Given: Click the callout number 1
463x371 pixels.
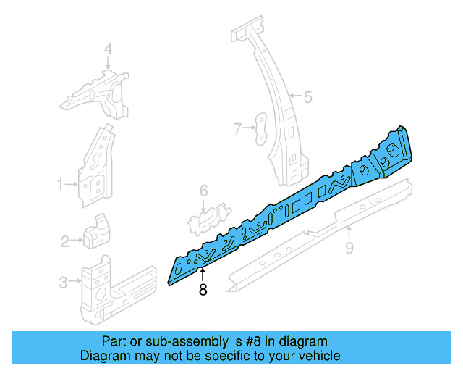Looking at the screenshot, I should (x=61, y=185).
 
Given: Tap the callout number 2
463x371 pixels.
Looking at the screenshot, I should (x=64, y=241).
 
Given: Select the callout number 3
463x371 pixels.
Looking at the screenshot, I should (x=63, y=282).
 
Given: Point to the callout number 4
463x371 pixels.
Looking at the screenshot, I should (x=108, y=49).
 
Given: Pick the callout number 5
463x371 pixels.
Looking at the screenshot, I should (x=307, y=96).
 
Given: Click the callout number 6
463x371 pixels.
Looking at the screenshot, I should (x=204, y=191).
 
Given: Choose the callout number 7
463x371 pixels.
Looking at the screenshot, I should (x=237, y=129).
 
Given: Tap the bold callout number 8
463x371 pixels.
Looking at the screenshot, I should (x=203, y=290).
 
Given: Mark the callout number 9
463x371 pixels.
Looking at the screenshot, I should (x=349, y=249).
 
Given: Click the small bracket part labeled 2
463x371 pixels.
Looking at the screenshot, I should (x=96, y=230).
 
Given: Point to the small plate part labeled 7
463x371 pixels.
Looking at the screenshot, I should (x=260, y=128).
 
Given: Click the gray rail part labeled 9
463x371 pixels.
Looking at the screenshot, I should (x=318, y=232).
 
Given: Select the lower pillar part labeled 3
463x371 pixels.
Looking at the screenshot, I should (x=109, y=290).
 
